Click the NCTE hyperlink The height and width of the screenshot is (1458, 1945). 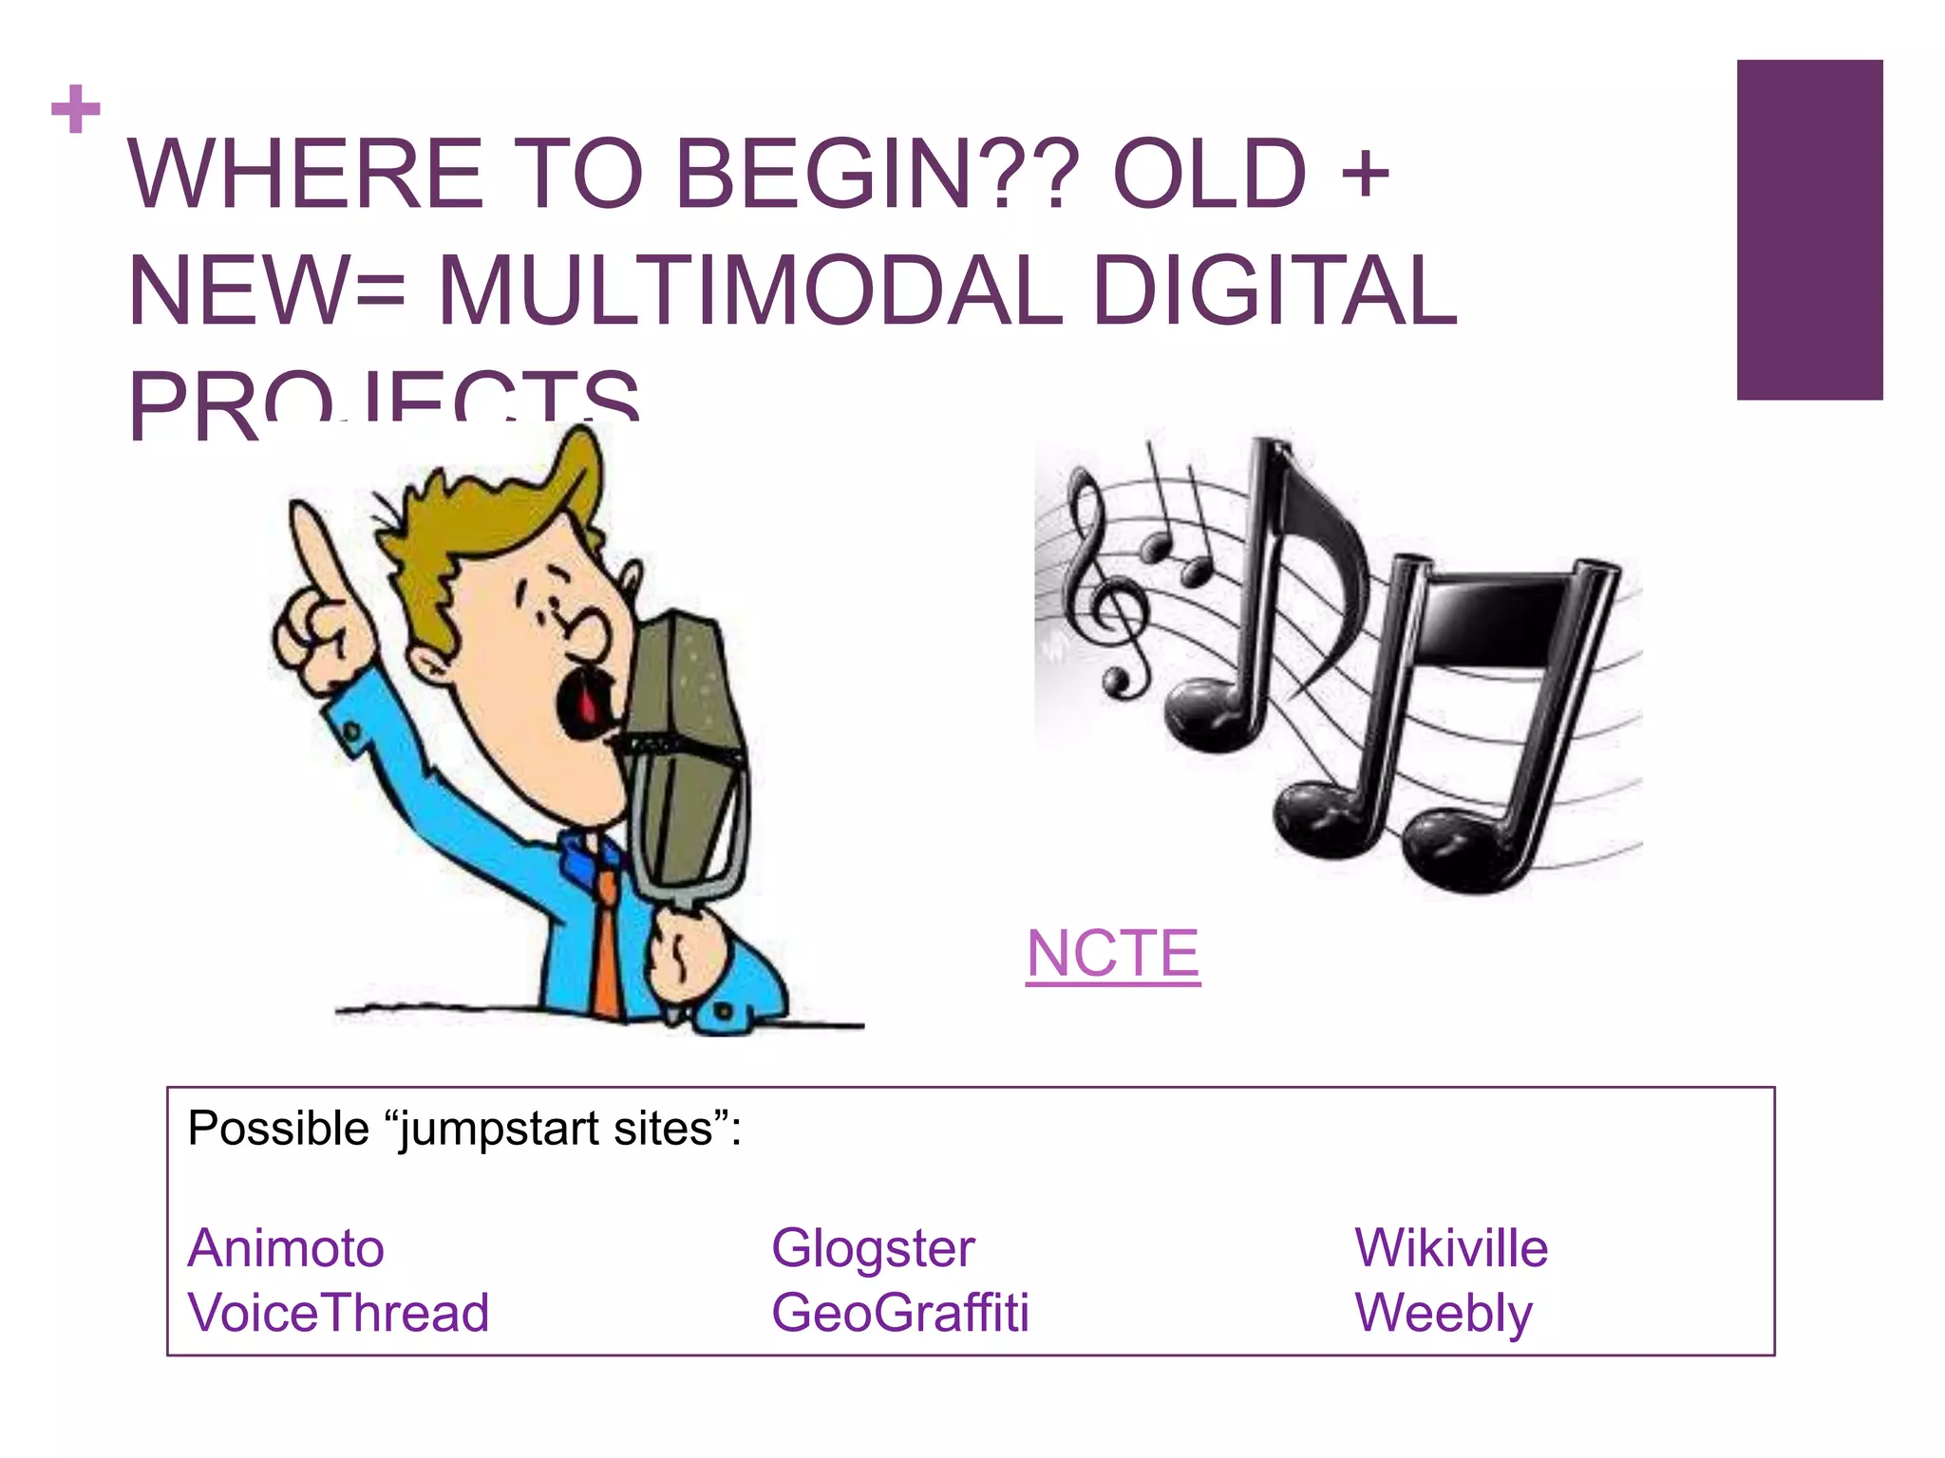1113,953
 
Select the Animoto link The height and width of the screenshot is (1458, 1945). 286,1247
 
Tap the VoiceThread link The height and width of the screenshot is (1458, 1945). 338,1313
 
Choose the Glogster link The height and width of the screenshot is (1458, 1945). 873,1247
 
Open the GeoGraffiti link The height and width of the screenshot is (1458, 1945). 900,1313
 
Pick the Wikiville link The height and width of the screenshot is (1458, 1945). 1451,1247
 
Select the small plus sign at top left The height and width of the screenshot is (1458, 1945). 76,110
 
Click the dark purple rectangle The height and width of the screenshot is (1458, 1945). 1809,230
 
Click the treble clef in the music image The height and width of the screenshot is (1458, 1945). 1102,579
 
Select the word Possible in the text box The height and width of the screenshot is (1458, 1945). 278,1130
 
